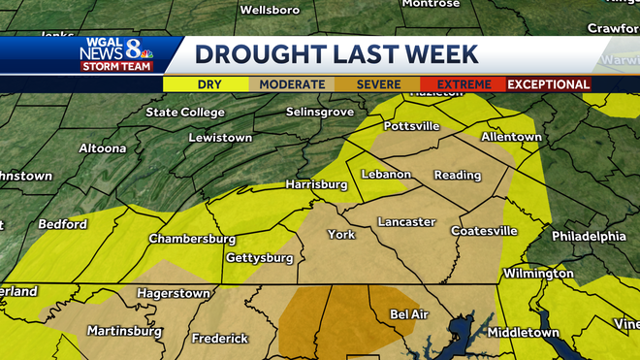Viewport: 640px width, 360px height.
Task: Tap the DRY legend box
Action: pyautogui.click(x=209, y=84)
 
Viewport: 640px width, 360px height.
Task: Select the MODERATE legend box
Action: pyautogui.click(x=292, y=84)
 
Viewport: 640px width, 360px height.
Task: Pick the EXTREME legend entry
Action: pyautogui.click(x=463, y=84)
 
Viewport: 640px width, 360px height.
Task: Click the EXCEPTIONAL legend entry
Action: pyautogui.click(x=549, y=84)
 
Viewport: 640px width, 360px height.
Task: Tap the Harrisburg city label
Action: pyautogui.click(x=316, y=184)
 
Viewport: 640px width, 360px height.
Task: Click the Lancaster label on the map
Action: pyautogui.click(x=406, y=222)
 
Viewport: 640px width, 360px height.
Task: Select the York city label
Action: pyautogui.click(x=341, y=235)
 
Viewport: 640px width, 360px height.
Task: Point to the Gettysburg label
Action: pyautogui.click(x=259, y=258)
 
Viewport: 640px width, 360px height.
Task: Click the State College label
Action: pyautogui.click(x=184, y=113)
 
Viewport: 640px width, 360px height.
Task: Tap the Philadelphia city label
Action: pyautogui.click(x=589, y=236)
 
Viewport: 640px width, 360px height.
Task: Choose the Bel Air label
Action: pyautogui.click(x=410, y=314)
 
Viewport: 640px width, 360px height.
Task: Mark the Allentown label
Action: pyautogui.click(x=511, y=137)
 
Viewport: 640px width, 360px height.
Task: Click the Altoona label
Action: pyautogui.click(x=102, y=148)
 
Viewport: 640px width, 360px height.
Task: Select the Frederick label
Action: pyautogui.click(x=220, y=339)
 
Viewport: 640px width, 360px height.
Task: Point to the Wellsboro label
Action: pyautogui.click(x=268, y=11)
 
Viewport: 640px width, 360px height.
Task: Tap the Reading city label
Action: pyautogui.click(x=458, y=176)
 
